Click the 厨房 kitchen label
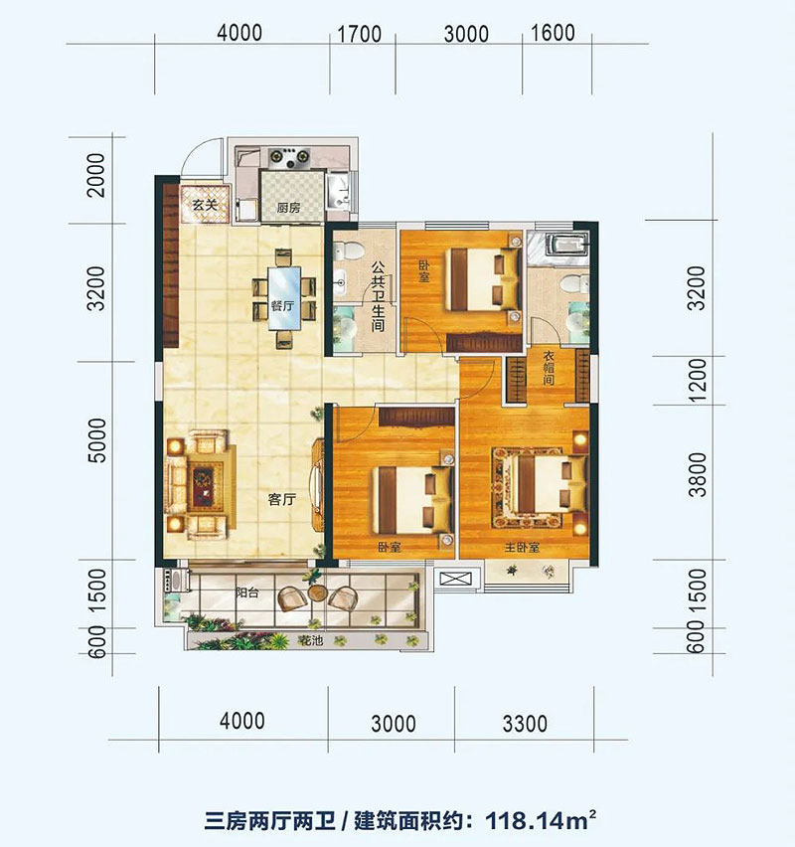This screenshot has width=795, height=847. pyautogui.click(x=288, y=209)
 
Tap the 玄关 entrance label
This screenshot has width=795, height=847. pyautogui.click(x=205, y=206)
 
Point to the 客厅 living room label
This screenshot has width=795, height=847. pyautogui.click(x=282, y=500)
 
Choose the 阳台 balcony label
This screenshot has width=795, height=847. pyautogui.click(x=248, y=592)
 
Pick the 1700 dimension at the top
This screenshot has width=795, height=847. pyautogui.click(x=360, y=34)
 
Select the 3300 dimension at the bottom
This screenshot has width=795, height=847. pyautogui.click(x=525, y=723)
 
